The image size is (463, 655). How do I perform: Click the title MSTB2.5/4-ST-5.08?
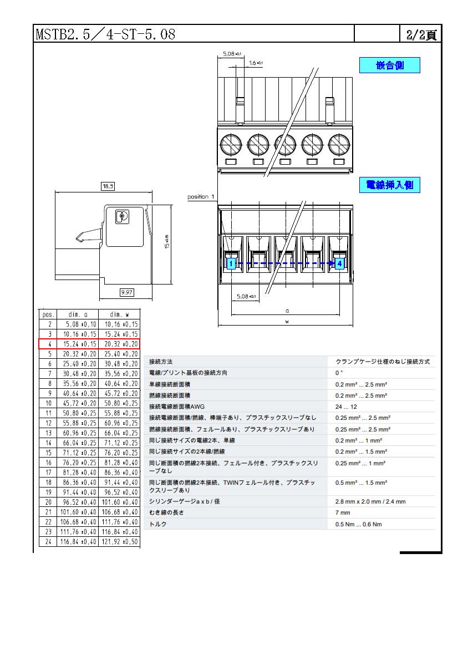[x=105, y=34]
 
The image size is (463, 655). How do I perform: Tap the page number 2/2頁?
[x=421, y=34]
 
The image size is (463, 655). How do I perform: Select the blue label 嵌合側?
[x=389, y=65]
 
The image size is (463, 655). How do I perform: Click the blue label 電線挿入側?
[x=389, y=185]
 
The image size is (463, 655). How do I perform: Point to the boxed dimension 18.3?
[x=108, y=186]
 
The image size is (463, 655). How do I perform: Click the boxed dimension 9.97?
[x=127, y=292]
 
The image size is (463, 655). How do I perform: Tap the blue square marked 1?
[x=231, y=263]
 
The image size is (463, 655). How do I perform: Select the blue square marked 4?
[x=340, y=263]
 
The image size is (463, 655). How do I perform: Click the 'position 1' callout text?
[x=201, y=197]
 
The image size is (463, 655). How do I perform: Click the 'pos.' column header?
[x=48, y=314]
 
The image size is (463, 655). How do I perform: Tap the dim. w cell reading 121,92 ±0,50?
[x=120, y=542]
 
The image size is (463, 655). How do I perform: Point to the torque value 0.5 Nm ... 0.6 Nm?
[x=358, y=524]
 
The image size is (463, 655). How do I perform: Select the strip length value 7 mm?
[x=343, y=512]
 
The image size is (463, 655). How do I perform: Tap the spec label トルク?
[x=158, y=524]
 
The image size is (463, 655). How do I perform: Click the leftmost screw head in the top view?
[x=231, y=145]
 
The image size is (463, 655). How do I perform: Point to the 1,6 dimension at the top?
[x=256, y=63]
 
